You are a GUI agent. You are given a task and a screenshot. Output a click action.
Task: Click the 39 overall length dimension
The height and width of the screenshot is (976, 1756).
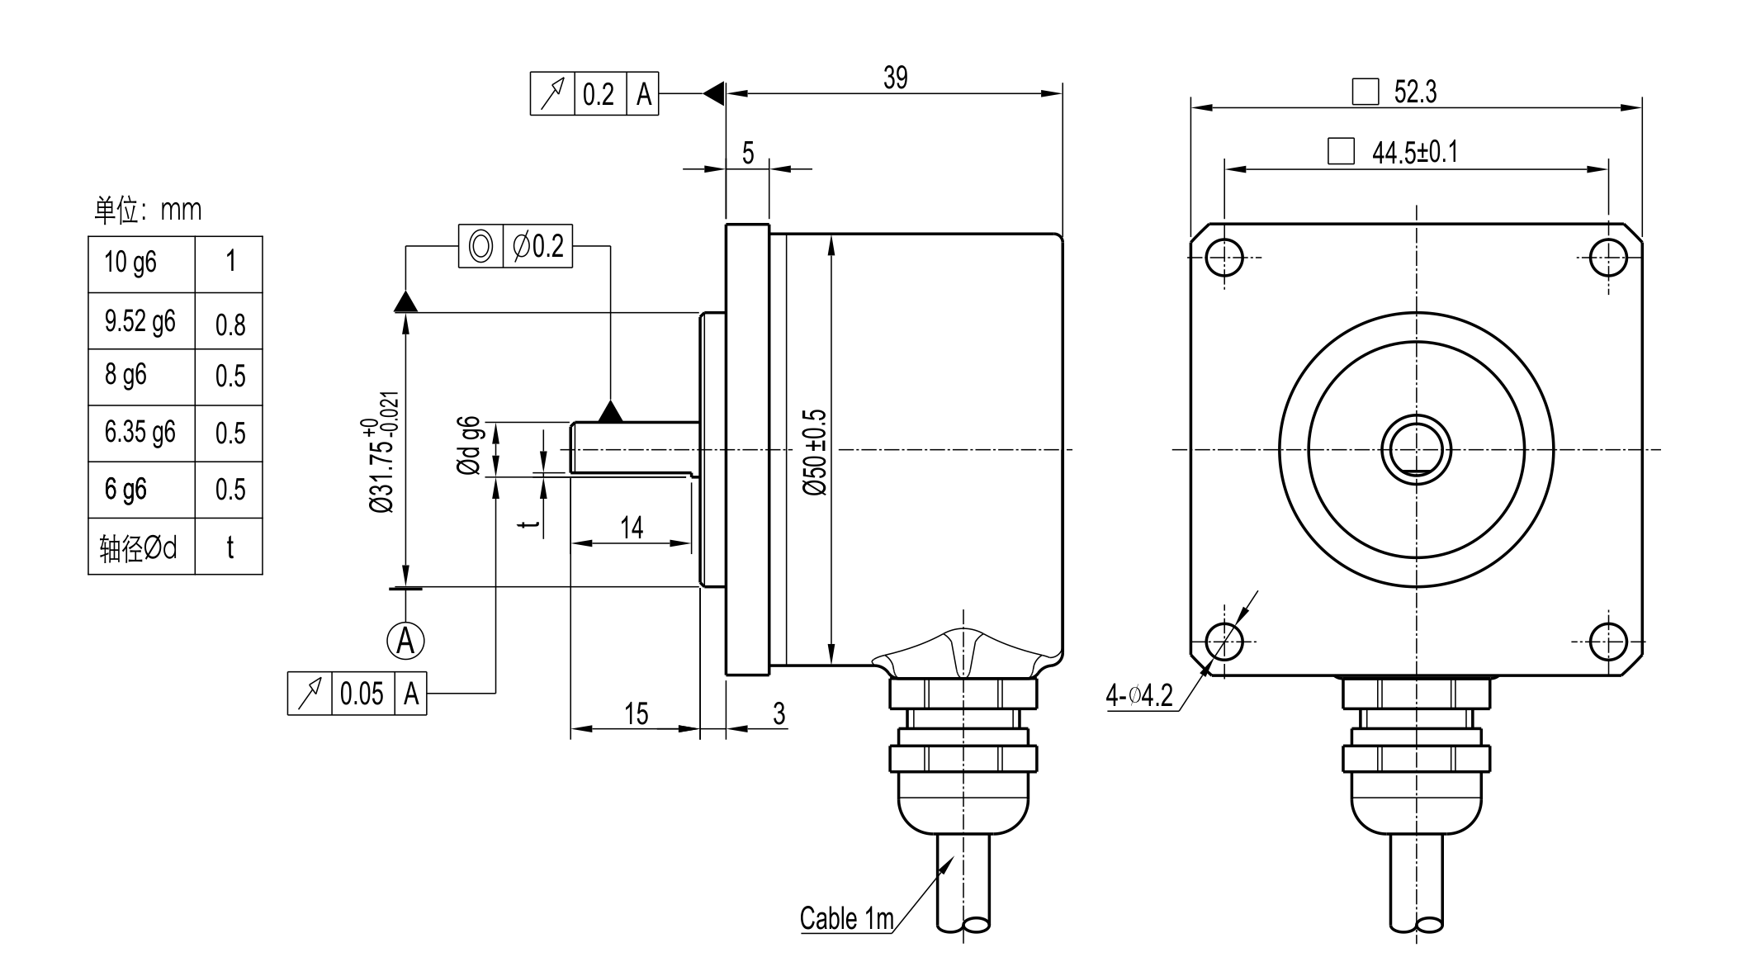[895, 78]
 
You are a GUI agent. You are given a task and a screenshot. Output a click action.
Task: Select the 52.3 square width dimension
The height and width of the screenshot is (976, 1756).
[1415, 92]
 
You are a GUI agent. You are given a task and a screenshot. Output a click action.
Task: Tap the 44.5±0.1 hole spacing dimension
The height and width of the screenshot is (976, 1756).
[1415, 153]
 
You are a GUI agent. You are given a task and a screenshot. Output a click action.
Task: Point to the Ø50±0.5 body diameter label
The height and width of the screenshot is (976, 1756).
[815, 452]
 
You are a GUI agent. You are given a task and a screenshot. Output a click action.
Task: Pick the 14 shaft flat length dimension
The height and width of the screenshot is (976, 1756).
[632, 528]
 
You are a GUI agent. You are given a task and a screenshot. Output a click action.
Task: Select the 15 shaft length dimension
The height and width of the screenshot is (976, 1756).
[636, 714]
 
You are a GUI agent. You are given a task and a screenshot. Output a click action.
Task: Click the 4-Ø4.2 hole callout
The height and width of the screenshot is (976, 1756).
[1139, 696]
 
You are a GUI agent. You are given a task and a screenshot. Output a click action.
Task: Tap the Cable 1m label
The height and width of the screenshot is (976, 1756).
[846, 918]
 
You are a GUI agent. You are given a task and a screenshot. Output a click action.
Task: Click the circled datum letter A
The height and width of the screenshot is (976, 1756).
[405, 640]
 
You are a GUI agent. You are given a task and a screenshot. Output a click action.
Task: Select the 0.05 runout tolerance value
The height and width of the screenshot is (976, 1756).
[362, 694]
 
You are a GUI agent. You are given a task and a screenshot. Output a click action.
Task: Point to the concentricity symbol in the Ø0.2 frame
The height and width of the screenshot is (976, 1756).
[480, 246]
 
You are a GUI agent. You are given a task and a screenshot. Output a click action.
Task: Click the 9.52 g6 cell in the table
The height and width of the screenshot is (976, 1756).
[140, 321]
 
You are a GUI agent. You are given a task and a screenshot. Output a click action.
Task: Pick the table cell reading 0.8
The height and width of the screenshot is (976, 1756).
[230, 325]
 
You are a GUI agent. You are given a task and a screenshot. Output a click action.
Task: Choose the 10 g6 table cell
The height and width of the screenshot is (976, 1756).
[130, 263]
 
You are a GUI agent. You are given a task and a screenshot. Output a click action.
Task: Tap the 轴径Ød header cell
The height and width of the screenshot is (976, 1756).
[139, 547]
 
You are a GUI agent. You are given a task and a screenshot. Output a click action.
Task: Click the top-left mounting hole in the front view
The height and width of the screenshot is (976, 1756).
[1224, 258]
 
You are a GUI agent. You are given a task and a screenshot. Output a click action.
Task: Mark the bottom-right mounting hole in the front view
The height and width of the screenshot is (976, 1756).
[1607, 642]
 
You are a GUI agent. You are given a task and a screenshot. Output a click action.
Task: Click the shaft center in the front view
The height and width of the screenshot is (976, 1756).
[1416, 450]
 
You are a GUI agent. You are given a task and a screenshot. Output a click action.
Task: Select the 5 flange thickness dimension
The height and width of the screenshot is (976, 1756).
[748, 153]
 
